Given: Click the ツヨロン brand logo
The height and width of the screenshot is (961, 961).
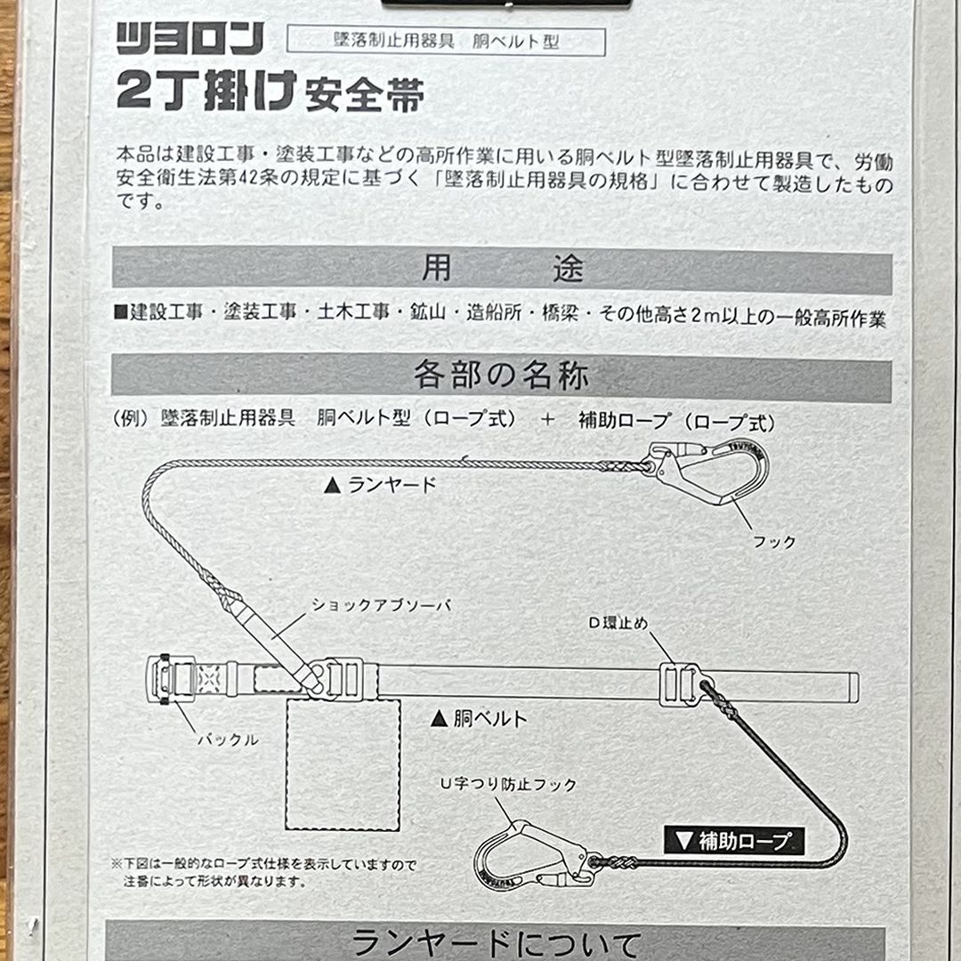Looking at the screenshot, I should pos(190,39).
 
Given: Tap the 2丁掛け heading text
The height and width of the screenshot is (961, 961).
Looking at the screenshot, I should pos(206,90).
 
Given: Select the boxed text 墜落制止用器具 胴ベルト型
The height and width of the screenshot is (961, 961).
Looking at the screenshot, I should pos(446,41).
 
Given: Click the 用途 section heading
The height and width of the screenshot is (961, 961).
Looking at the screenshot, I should pos(502,269).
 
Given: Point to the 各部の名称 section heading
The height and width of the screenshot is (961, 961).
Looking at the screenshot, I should pos(501,376).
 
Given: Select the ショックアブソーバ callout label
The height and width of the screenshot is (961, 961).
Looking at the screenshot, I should pos(382,605).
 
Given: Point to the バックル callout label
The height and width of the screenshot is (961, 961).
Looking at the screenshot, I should pos(229,739).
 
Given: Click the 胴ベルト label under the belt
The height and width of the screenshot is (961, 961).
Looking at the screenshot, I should pos(480,718).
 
